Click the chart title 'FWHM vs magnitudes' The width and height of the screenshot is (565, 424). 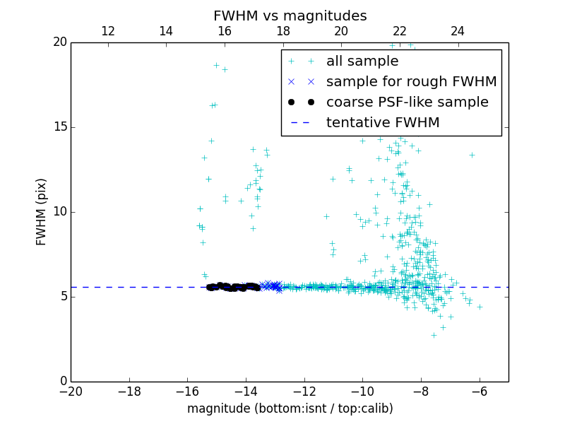[x=290, y=16]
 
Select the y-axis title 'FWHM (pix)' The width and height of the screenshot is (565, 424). [x=42, y=211]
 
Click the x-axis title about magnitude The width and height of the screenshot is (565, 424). [x=290, y=408]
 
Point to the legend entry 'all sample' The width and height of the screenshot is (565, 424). [x=362, y=61]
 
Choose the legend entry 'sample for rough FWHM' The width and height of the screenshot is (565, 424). [x=411, y=82]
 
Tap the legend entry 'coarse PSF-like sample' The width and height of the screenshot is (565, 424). [x=407, y=102]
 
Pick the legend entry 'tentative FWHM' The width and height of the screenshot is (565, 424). [x=383, y=123]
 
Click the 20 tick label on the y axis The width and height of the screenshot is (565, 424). [x=59, y=42]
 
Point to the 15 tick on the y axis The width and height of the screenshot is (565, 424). [x=59, y=127]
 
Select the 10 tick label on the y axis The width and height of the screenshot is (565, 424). [x=59, y=212]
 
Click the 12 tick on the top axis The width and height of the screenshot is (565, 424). [x=108, y=31]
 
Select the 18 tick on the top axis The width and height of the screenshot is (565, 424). [x=282, y=31]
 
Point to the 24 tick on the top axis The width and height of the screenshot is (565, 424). [x=458, y=31]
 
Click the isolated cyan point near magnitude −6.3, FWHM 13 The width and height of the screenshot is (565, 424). [x=472, y=155]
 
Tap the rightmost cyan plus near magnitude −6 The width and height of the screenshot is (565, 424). [x=480, y=307]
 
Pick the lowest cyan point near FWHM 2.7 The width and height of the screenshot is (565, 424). [x=434, y=335]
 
